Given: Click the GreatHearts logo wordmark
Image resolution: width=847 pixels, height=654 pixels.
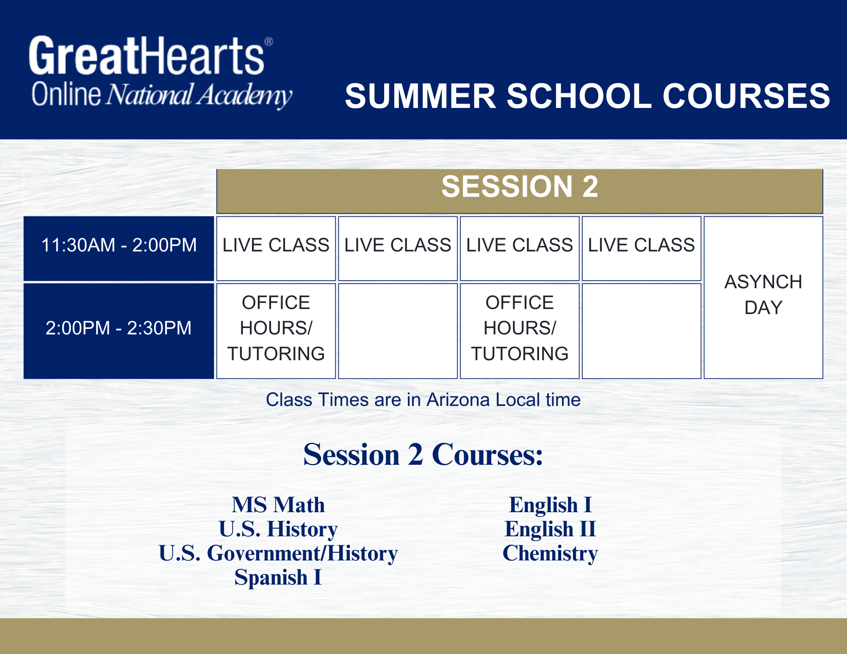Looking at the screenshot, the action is point(147,55).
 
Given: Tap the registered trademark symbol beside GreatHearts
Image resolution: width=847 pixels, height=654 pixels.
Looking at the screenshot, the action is point(269,41).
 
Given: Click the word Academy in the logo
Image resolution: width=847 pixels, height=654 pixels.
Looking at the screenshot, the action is point(244,95).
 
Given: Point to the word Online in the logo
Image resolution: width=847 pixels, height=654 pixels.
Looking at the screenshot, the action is point(66,94).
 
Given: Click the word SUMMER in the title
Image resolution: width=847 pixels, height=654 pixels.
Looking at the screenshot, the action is point(421,96).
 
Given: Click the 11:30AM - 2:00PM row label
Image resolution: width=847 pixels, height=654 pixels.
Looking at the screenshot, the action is point(119,245).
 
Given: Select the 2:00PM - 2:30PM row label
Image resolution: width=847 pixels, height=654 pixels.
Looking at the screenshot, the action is point(119,328).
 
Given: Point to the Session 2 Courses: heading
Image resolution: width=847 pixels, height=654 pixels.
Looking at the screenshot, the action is point(423,455).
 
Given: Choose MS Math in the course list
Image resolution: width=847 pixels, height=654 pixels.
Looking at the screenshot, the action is point(278,505).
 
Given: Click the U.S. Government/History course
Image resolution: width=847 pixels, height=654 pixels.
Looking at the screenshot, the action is point(278,553).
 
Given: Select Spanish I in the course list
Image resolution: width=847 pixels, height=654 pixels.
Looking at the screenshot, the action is point(278,577).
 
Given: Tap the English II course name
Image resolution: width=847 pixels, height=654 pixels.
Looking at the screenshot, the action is point(551,529).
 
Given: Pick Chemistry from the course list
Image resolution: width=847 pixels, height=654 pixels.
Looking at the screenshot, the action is point(550,553).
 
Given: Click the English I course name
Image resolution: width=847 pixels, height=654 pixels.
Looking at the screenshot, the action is point(551,505).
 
